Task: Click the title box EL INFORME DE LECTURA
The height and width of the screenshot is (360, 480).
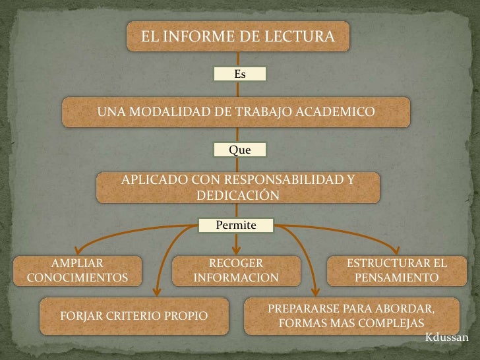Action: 238,37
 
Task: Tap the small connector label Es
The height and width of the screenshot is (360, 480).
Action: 240,74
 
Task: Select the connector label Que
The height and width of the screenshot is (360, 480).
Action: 240,150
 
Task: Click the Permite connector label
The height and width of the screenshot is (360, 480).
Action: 236,225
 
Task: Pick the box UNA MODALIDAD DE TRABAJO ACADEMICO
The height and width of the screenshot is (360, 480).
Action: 236,112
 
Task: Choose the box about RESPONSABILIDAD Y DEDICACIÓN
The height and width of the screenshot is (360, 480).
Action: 238,187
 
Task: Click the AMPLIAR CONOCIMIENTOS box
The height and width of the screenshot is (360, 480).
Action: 78,270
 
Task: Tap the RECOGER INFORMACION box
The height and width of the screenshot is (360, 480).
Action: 236,270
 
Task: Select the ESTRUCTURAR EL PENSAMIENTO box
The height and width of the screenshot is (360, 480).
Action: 396,270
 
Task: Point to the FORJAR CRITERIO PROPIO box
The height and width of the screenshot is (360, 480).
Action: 135,316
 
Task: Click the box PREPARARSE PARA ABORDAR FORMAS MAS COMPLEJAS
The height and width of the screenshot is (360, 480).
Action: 351,316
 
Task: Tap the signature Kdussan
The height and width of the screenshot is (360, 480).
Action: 446,338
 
